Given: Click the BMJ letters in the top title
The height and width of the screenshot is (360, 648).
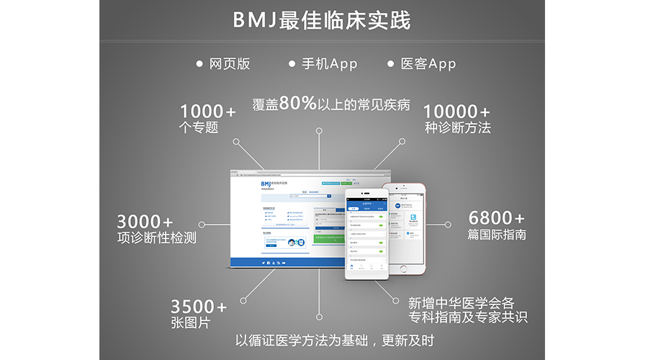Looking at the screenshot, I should (258, 20).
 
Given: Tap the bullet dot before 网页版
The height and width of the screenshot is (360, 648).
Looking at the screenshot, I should (199, 64).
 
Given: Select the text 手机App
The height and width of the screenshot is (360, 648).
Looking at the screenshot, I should (328, 64).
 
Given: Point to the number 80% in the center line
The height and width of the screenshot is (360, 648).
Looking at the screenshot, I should (298, 103).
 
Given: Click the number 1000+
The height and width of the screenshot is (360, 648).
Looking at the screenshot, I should (207, 112).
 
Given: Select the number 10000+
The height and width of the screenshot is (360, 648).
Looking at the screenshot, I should (456, 112).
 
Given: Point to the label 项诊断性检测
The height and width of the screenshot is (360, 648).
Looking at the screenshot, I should (156, 238).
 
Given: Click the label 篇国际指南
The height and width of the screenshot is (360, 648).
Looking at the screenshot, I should (497, 235).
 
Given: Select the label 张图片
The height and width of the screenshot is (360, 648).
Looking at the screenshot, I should (190, 323).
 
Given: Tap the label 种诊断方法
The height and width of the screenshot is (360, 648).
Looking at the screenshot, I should (457, 128).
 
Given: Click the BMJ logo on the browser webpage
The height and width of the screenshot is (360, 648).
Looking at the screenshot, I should (268, 184).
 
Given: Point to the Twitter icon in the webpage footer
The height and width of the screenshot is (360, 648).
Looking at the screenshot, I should (264, 263).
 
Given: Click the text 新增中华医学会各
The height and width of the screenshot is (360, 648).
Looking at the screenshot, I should (461, 302).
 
